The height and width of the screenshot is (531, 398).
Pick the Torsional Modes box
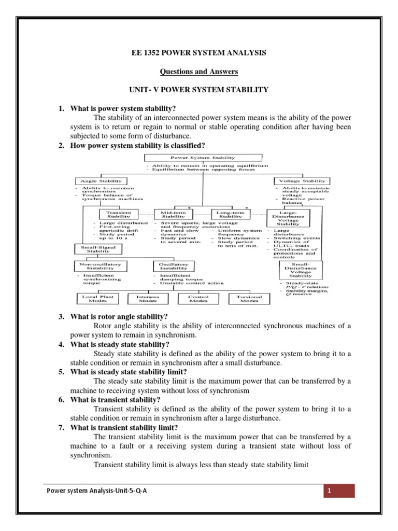[x=250, y=299]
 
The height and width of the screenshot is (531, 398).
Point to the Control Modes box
[x=198, y=299]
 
